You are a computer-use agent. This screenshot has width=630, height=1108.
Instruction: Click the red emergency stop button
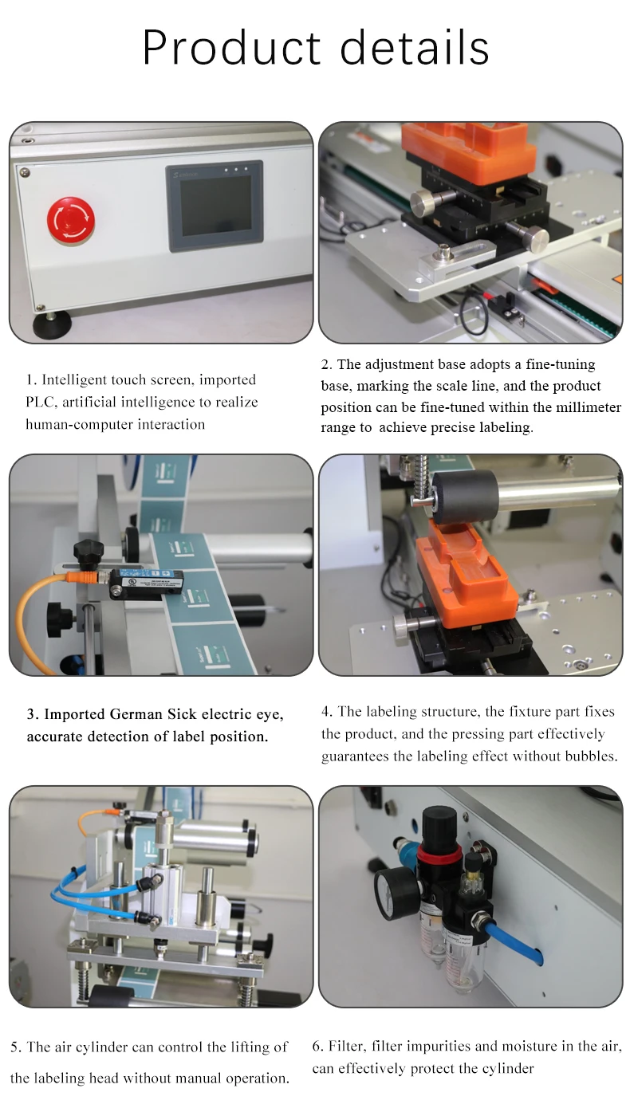click(x=71, y=220)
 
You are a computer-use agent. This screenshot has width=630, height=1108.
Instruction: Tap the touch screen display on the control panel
click(x=215, y=206)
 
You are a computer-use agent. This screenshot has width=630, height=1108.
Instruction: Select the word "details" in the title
click(x=415, y=48)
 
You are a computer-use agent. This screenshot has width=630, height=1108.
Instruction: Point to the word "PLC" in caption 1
click(x=40, y=402)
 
